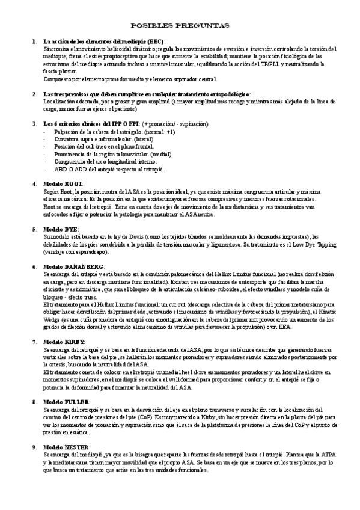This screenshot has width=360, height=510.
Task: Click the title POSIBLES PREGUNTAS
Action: [180, 26]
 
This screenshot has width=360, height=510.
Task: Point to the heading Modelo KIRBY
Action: [64, 341]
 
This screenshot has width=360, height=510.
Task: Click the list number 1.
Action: [34, 40]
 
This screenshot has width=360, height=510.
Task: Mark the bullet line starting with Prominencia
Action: [104, 154]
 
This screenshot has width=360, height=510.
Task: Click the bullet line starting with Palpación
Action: [114, 131]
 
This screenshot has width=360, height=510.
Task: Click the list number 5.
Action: [34, 229]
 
